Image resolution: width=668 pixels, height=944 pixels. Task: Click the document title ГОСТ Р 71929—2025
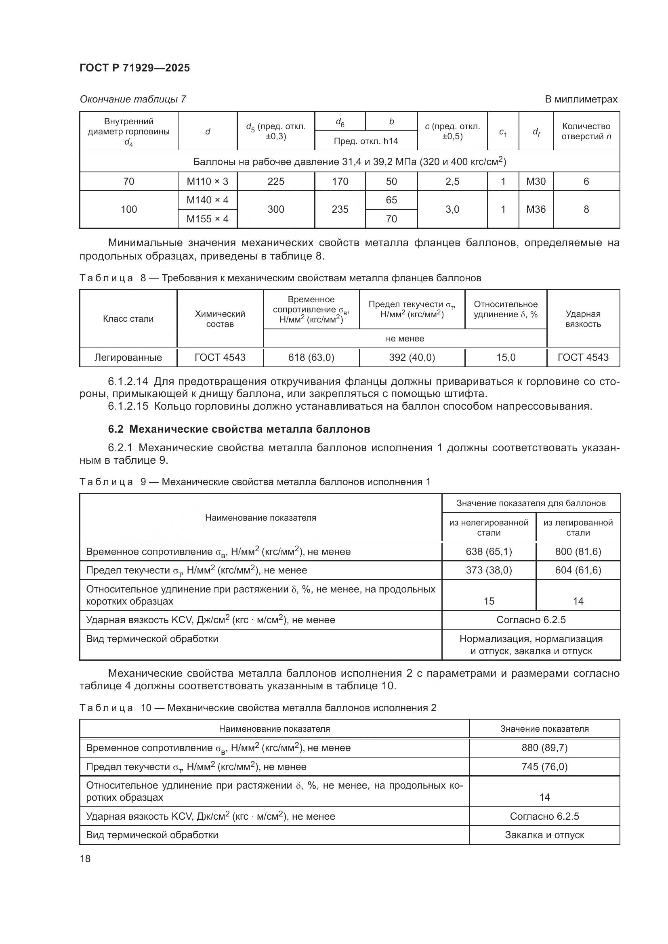[x=134, y=68]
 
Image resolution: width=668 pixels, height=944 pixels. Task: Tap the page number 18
[x=85, y=858]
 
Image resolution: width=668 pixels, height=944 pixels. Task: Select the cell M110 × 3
[x=207, y=181]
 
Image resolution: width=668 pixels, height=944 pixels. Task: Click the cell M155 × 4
[x=207, y=219]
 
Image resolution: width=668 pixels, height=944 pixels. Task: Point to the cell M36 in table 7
[x=536, y=209]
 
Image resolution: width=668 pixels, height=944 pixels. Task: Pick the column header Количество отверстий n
[x=586, y=131]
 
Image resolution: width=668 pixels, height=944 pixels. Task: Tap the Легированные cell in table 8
[x=128, y=357]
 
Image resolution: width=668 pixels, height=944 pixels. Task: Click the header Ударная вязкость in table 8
[x=583, y=319]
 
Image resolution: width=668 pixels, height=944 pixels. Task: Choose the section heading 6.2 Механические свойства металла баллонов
[x=239, y=429]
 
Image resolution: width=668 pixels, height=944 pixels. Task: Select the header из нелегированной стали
[x=489, y=527]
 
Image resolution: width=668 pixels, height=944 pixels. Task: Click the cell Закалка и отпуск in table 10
[x=544, y=835]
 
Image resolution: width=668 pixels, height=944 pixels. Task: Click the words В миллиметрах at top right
[x=581, y=99]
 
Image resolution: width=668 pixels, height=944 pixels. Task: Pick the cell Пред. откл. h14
[x=366, y=141]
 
